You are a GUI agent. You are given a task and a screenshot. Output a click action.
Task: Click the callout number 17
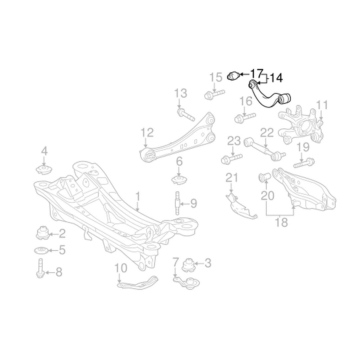(256, 74)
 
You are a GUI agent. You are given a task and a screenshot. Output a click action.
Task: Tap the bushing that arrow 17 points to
(233, 76)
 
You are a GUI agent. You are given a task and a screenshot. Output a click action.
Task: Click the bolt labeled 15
(214, 94)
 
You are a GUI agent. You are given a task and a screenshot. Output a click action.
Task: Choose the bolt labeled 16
(245, 118)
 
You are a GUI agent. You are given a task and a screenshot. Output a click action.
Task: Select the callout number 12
(147, 132)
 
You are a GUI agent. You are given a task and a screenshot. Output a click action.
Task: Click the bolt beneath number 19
(304, 163)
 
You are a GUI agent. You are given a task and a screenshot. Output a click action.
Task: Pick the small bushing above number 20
(265, 177)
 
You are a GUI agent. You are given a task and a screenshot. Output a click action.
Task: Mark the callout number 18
(281, 222)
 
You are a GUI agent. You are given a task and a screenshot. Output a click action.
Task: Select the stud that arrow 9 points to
(177, 203)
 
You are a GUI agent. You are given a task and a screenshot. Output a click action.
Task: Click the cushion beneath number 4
(44, 170)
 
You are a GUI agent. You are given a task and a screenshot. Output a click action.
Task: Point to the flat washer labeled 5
(41, 250)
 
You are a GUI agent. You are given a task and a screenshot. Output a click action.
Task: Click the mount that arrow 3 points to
(188, 265)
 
